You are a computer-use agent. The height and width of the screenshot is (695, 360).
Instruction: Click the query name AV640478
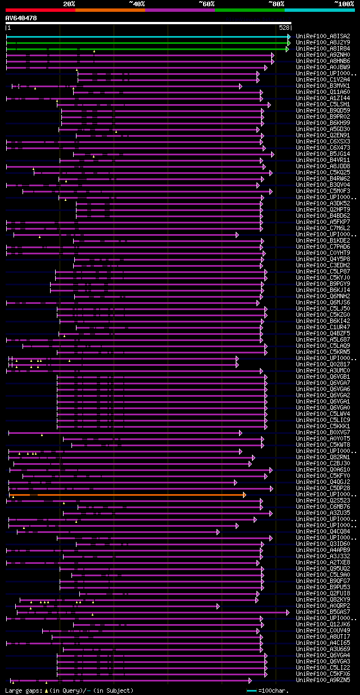coord(21,18)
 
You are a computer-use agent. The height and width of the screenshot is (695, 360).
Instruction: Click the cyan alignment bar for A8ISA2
coord(146,37)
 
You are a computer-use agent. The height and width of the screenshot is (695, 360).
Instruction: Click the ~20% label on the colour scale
coord(69,3)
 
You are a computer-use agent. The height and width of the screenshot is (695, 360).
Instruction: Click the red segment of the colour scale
coord(40,10)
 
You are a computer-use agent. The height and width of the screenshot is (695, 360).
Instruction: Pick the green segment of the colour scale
coord(249,10)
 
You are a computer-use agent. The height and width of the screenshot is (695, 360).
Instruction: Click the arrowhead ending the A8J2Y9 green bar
coord(289,42)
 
